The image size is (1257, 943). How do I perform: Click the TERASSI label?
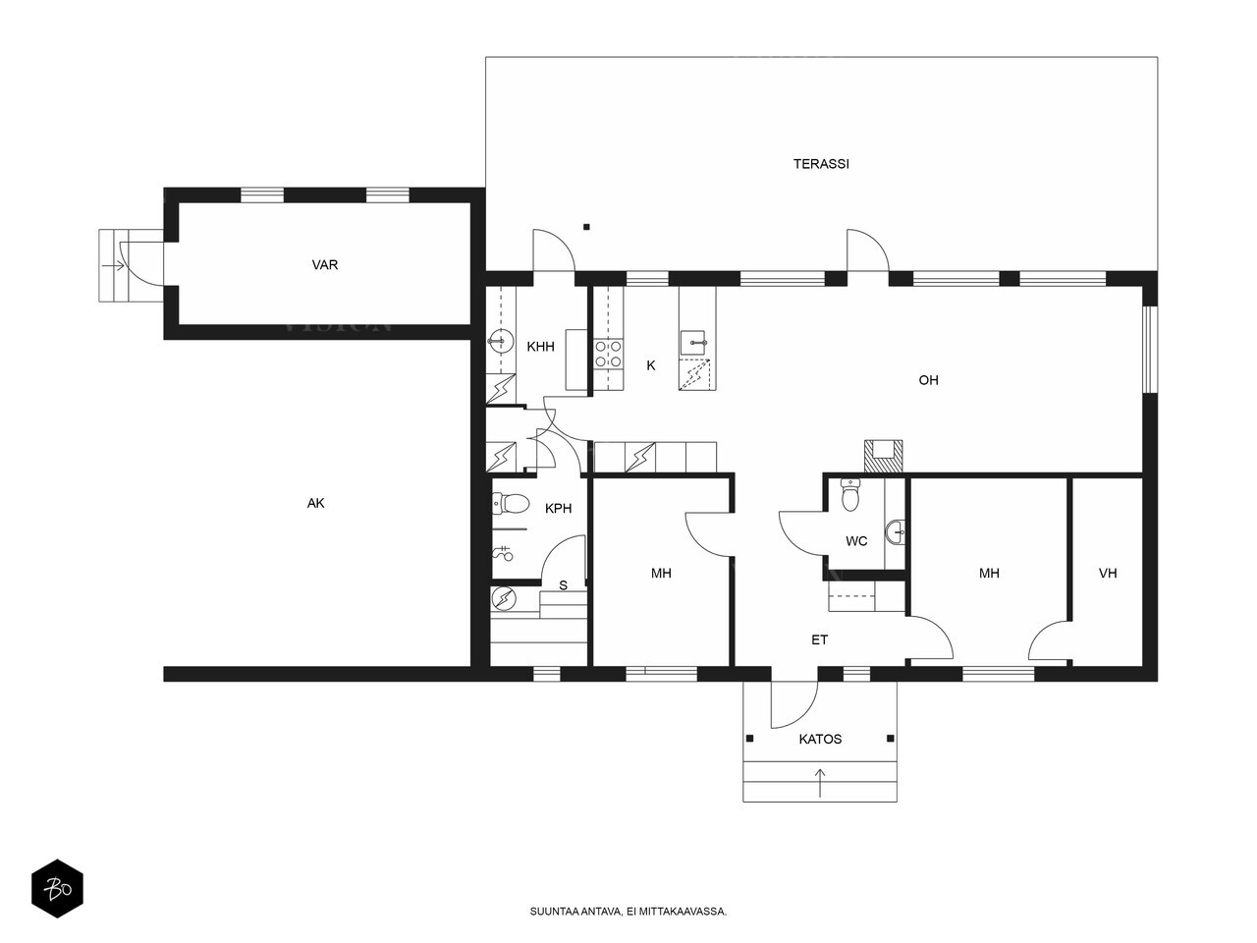click(x=821, y=164)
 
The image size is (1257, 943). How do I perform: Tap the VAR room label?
click(x=325, y=264)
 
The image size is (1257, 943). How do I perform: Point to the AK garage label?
click(x=315, y=503)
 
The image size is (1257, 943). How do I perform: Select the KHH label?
click(x=540, y=347)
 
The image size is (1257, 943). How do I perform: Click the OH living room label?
click(x=928, y=379)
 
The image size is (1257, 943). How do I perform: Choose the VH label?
click(x=1108, y=573)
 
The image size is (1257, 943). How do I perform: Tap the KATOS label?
click(x=820, y=739)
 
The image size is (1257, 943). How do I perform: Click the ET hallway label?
click(x=819, y=639)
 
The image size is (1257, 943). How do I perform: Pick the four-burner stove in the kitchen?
click(x=608, y=354)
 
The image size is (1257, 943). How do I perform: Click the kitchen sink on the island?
click(x=695, y=343)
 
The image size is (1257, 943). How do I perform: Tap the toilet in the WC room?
click(x=850, y=495)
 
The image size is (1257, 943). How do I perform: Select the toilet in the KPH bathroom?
click(x=511, y=504)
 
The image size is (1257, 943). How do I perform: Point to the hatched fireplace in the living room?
click(x=883, y=456)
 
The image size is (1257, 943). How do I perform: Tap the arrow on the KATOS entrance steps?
click(x=820, y=783)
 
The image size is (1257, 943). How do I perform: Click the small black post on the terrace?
click(x=586, y=227)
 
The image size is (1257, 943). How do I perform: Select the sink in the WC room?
click(x=896, y=532)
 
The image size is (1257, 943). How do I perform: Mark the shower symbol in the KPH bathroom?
click(x=503, y=552)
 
